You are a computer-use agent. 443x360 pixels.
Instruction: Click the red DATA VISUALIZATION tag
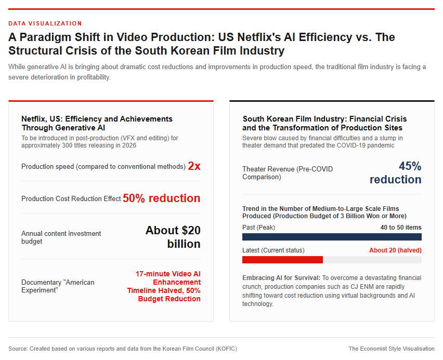coord(45,23)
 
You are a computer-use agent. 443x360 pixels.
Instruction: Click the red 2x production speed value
coord(194,166)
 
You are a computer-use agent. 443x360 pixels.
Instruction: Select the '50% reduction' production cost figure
coord(162,198)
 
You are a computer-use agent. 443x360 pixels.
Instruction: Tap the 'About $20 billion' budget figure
coord(173,237)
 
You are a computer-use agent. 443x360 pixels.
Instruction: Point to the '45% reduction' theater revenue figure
coord(396,173)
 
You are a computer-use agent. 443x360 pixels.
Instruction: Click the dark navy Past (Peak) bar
coord(332,237)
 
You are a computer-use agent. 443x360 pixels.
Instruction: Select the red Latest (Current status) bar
coord(282,260)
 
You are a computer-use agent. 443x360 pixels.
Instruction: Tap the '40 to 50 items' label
coord(401,228)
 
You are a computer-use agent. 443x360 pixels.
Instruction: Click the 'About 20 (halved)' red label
coord(395,250)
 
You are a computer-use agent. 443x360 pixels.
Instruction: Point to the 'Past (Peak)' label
coord(258,228)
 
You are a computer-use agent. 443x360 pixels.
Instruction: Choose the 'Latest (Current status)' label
coord(273,250)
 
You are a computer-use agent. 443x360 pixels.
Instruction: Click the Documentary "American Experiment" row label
coord(58,286)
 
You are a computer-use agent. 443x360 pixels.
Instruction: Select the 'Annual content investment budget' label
coord(61,237)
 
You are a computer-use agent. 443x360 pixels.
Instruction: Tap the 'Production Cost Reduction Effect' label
coord(71,199)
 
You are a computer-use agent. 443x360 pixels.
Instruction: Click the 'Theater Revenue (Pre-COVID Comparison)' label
coord(288,173)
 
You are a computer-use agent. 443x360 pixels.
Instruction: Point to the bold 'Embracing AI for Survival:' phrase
coord(281,278)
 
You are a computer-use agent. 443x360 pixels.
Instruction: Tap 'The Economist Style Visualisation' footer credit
coord(392,349)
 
